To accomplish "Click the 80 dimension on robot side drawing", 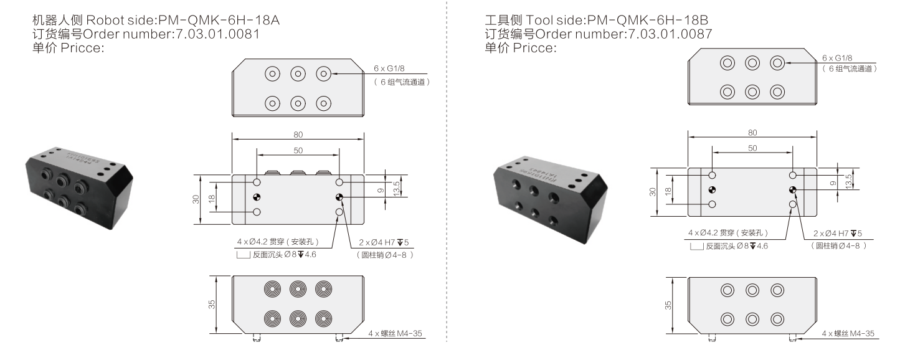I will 298,133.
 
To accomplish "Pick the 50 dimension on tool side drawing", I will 752,148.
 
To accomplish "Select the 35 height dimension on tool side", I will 668,306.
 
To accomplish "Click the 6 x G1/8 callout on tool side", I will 835,58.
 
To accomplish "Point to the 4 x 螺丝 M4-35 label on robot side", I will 396,334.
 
